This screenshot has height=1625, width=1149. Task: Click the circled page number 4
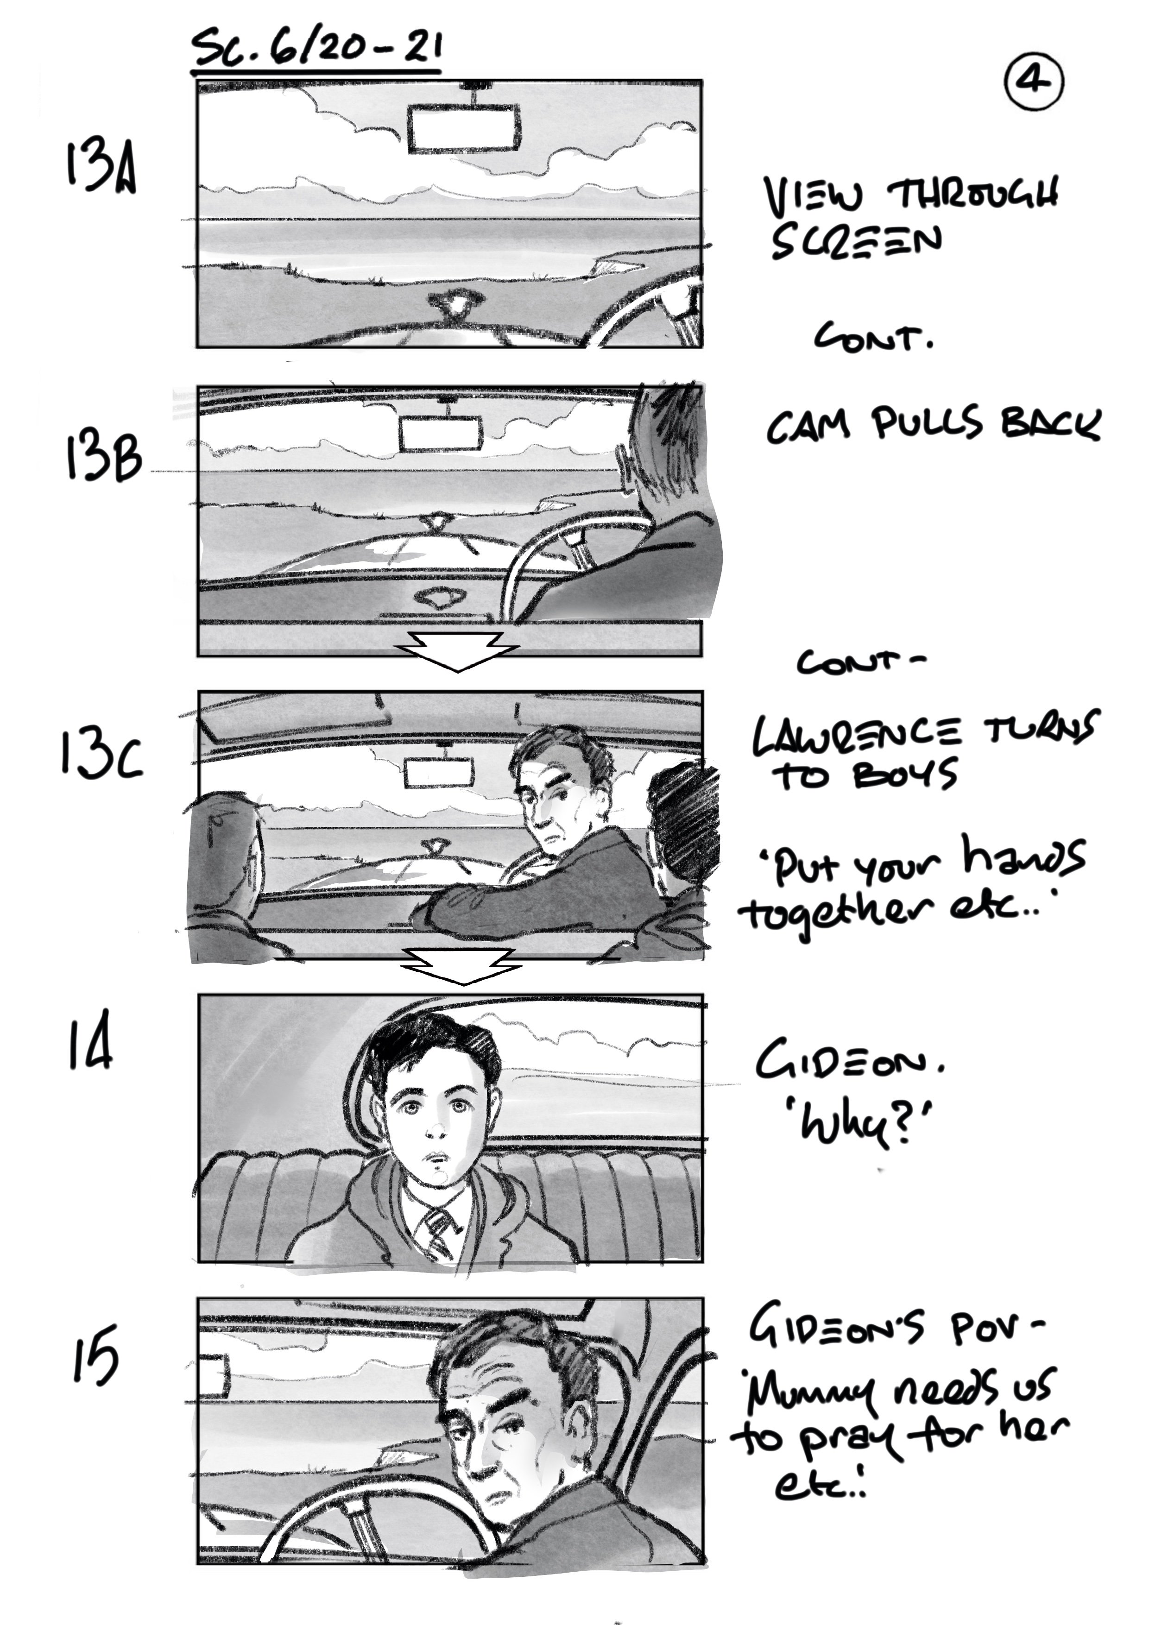coord(1034,82)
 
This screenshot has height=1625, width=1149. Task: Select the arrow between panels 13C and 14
coord(460,964)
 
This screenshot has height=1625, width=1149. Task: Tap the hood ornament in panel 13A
coord(454,305)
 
